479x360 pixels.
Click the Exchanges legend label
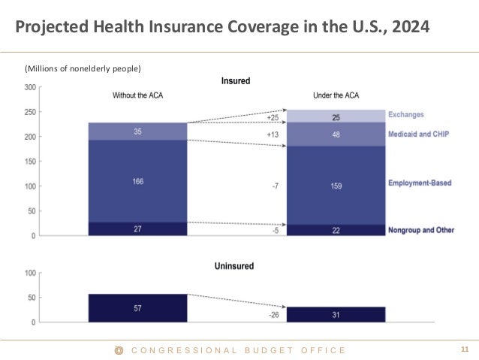click(x=405, y=115)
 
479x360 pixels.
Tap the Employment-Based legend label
click(x=420, y=183)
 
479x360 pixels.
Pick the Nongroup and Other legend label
click(x=421, y=230)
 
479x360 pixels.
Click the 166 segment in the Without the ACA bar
click(x=137, y=180)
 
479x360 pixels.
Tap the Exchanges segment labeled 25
click(x=336, y=116)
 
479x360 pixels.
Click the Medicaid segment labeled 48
click(x=336, y=135)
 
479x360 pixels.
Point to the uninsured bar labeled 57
click(x=137, y=308)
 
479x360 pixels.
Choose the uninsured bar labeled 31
click(x=336, y=314)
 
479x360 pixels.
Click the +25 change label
click(x=273, y=118)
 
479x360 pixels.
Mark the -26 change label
click(x=273, y=315)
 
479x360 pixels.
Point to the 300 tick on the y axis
click(x=31, y=87)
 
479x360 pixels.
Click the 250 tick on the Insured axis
click(x=31, y=112)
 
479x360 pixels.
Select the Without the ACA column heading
click(x=137, y=95)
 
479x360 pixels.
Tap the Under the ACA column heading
click(x=336, y=95)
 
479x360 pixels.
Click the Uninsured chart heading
click(x=235, y=266)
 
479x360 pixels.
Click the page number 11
click(x=463, y=349)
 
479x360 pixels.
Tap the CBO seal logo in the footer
click(x=117, y=350)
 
